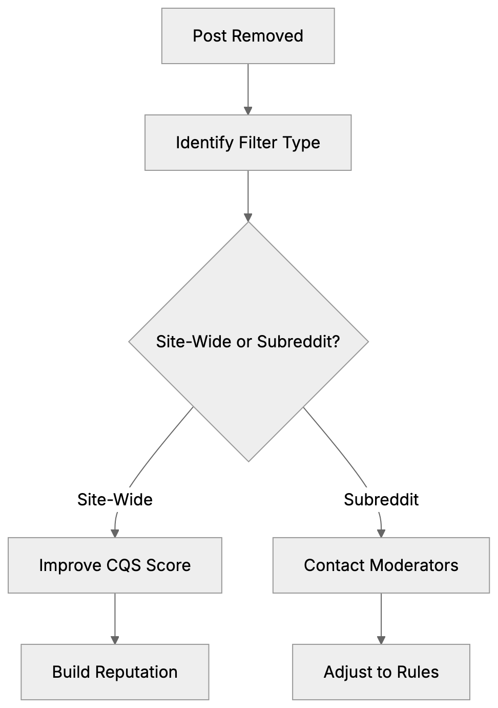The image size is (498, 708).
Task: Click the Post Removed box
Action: [x=248, y=36]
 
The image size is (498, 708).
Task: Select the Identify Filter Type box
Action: [x=248, y=143]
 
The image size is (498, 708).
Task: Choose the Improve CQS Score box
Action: [x=115, y=565]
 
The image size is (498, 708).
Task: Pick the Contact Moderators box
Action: [x=381, y=565]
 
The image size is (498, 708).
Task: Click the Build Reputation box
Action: [x=115, y=672]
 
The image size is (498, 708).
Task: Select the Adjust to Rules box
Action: [x=381, y=672]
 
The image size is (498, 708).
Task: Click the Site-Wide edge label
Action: [x=115, y=499]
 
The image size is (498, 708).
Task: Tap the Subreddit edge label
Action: [x=381, y=499]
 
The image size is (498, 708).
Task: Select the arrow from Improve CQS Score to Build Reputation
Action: [x=115, y=618]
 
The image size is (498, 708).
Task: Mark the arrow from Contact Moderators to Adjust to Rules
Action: [x=381, y=618]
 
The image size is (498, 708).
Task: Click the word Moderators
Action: [x=413, y=565]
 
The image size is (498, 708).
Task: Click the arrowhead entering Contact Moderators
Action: [x=381, y=533]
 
